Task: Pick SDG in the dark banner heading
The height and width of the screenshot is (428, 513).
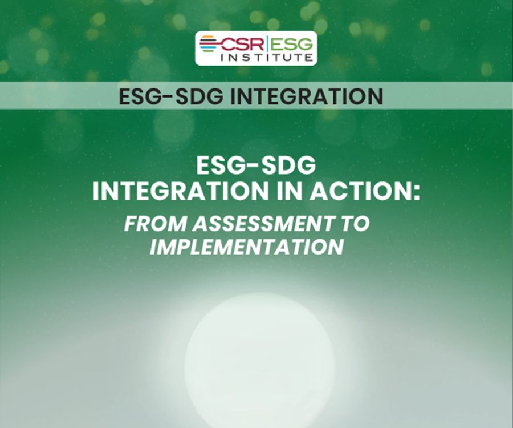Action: click(x=194, y=96)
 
